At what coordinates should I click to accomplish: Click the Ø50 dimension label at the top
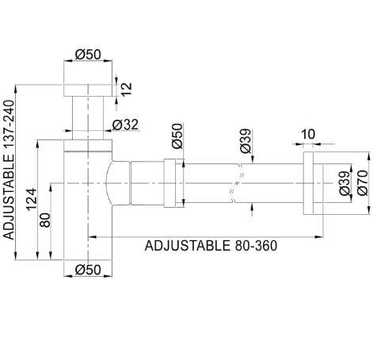pyautogui.click(x=88, y=55)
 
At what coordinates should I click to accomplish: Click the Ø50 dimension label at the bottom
pyautogui.click(x=88, y=270)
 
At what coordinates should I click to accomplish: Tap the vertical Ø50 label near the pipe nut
pyautogui.click(x=177, y=136)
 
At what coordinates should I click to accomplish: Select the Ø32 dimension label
pyautogui.click(x=125, y=124)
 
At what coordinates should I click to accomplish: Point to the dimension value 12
pyautogui.click(x=127, y=90)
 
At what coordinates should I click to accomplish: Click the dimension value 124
pyautogui.click(x=32, y=199)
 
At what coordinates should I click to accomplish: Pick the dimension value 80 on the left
pyautogui.click(x=45, y=220)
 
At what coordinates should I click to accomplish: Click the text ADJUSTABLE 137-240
pyautogui.click(x=9, y=170)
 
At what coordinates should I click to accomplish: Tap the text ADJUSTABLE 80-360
pyautogui.click(x=211, y=246)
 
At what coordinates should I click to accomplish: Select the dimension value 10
pyautogui.click(x=308, y=134)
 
